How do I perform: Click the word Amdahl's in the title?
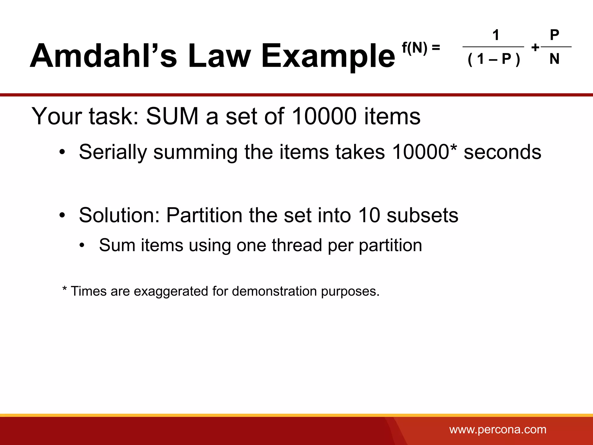pyautogui.click(x=103, y=56)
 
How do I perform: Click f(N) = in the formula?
pyautogui.click(x=421, y=48)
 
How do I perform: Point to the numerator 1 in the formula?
pyautogui.click(x=496, y=35)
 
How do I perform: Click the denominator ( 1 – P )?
pyautogui.click(x=494, y=59)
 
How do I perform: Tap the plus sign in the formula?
pyautogui.click(x=535, y=48)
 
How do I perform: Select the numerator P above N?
pyautogui.click(x=554, y=35)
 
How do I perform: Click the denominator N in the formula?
pyautogui.click(x=554, y=59)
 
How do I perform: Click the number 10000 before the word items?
pyautogui.click(x=324, y=116)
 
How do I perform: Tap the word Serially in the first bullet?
pyautogui.click(x=113, y=152)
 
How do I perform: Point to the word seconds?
pyautogui.click(x=502, y=152)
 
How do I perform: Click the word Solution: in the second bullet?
pyautogui.click(x=119, y=216)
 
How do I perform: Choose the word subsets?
pyautogui.click(x=422, y=216)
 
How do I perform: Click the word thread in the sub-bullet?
pyautogui.click(x=297, y=245)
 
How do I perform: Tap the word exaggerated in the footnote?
pyautogui.click(x=171, y=291)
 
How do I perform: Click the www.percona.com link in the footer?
pyautogui.click(x=498, y=429)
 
